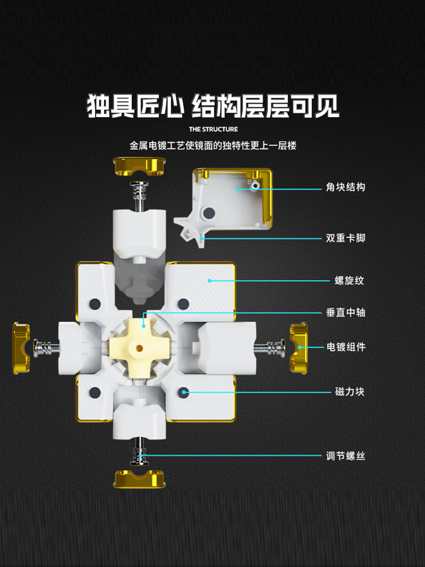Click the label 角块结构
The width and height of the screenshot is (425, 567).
(345, 187)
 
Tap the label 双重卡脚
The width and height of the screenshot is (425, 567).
(345, 238)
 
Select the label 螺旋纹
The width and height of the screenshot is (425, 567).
(349, 281)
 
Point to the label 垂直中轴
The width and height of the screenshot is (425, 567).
(345, 313)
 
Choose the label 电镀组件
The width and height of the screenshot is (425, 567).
(346, 347)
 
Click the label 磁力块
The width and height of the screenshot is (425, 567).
(349, 392)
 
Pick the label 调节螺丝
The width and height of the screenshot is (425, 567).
(345, 456)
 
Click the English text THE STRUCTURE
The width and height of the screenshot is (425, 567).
(213, 129)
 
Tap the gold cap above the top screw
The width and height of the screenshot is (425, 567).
(139, 166)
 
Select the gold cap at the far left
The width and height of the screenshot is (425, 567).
(21, 348)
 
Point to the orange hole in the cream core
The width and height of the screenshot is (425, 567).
(139, 348)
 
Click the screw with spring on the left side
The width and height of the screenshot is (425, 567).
(46, 348)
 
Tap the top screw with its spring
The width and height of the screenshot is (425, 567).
(139, 195)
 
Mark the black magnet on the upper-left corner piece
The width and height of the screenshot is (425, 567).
(95, 304)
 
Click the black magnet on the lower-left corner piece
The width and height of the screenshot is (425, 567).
(95, 392)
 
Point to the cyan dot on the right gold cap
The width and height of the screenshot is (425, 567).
(299, 347)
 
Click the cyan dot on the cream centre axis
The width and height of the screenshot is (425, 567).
(144, 326)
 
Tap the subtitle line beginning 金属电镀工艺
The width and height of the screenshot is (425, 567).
(213, 146)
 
